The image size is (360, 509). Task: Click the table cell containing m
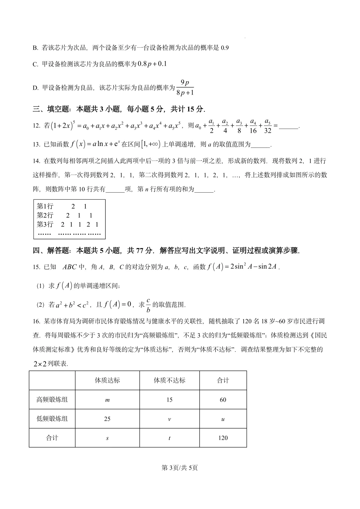(x=107, y=400)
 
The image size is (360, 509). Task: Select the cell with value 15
(x=169, y=400)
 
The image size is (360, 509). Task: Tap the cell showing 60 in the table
(x=223, y=400)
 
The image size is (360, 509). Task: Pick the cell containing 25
(x=107, y=419)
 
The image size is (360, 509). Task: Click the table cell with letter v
(x=169, y=419)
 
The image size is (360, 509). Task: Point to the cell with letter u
(x=223, y=419)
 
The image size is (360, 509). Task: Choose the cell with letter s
(x=107, y=438)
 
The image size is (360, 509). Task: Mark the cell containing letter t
(x=169, y=438)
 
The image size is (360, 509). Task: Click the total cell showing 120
(x=223, y=438)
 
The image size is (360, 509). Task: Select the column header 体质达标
(x=107, y=380)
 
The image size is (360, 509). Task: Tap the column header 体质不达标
(x=169, y=380)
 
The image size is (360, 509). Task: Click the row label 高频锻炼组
(x=52, y=400)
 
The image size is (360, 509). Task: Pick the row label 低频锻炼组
(x=52, y=419)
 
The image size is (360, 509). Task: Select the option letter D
(x=35, y=88)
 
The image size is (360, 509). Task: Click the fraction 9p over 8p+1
(x=185, y=88)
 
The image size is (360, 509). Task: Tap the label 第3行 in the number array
(x=45, y=224)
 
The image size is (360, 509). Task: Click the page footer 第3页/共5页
(x=180, y=468)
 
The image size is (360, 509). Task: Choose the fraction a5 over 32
(x=267, y=126)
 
